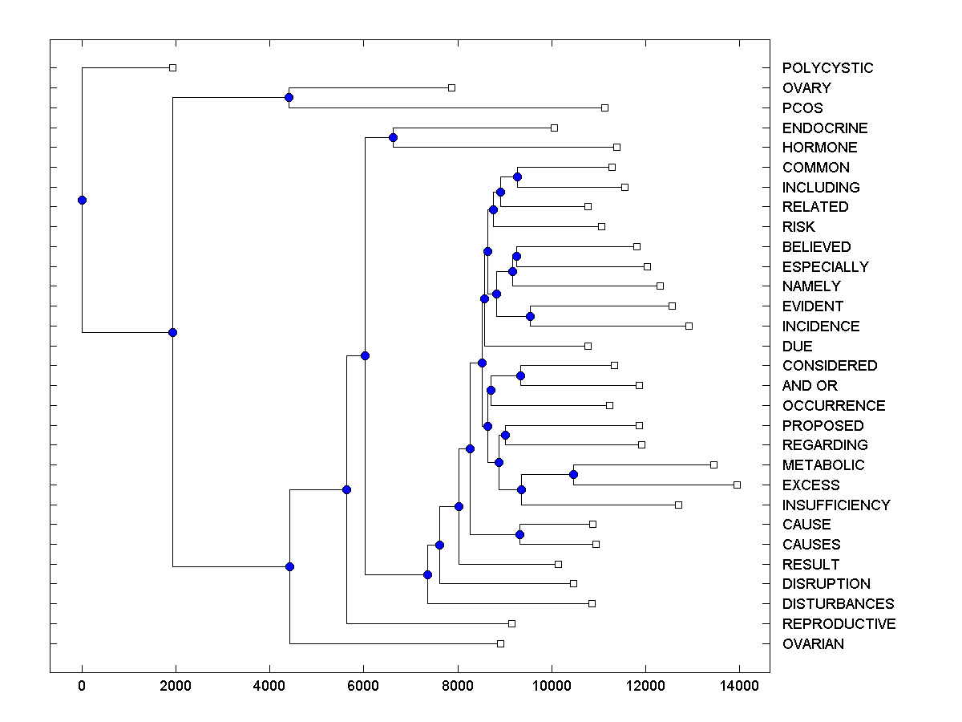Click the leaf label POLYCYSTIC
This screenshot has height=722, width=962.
[x=827, y=68]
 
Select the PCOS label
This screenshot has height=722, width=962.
[x=802, y=108]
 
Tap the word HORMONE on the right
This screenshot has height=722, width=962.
[x=819, y=148]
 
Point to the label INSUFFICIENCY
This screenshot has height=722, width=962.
[x=836, y=505]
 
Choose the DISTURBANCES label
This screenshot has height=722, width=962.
[x=838, y=604]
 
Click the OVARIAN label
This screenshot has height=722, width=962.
[x=813, y=644]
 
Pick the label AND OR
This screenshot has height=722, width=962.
[x=810, y=386]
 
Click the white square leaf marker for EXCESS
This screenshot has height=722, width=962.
[x=737, y=485]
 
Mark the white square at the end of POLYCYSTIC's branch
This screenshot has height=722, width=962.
[x=172, y=67]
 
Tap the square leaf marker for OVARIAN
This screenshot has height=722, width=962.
[x=500, y=643]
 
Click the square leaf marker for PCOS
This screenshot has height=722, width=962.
[x=604, y=107]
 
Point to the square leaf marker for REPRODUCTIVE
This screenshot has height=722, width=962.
[x=511, y=623]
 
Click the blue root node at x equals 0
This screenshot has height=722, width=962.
[x=82, y=200]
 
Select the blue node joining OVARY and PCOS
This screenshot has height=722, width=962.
[x=289, y=97]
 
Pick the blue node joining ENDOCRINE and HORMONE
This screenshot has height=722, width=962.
[x=393, y=137]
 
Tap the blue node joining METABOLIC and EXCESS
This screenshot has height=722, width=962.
[x=573, y=474]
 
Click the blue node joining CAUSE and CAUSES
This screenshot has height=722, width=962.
[x=519, y=534]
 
